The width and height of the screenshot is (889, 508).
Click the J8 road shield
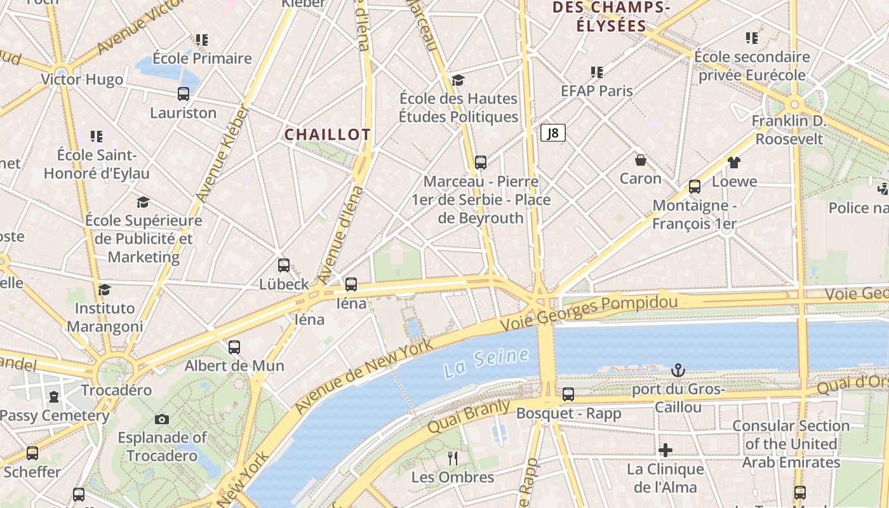coord(552,133)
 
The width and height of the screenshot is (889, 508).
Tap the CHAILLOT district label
coord(327,135)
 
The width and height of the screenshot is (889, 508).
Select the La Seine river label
coord(486,363)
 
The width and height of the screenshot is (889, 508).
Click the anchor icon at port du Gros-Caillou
coord(678,370)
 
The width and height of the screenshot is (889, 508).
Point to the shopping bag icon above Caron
coord(640,160)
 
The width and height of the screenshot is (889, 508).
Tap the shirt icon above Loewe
coord(734,163)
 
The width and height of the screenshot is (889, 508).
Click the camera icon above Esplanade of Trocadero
coord(162,419)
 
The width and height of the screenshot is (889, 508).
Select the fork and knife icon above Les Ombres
coord(452,458)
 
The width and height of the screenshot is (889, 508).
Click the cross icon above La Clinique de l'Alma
coord(665,450)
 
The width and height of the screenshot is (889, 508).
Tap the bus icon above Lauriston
coord(184,94)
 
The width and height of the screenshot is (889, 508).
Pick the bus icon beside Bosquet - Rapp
coord(568,394)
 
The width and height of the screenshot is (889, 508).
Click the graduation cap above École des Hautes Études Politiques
coord(458,80)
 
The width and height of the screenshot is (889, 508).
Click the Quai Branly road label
coord(469,416)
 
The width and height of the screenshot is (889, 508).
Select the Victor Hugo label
coord(82,79)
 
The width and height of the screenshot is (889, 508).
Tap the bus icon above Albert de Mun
coord(234,347)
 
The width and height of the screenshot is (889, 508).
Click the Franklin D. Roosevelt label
coord(789,130)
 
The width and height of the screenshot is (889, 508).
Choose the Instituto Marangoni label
coord(105,317)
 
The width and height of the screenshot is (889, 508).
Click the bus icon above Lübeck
coord(284,265)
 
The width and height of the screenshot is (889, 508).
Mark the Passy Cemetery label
coord(55,416)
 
